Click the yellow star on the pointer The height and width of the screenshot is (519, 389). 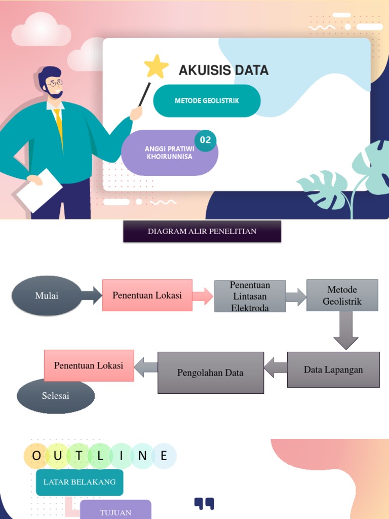tap(157, 66)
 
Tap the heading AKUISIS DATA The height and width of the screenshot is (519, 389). tap(223, 70)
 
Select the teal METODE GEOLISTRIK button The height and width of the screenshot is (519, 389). tap(207, 101)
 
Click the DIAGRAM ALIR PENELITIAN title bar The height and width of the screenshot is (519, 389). tap(202, 232)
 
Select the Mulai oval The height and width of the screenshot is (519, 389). tap(47, 295)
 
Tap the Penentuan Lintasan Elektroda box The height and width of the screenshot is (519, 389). tap(250, 296)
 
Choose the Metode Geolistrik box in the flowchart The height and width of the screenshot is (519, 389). tap(342, 295)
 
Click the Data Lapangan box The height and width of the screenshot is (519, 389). tap(333, 369)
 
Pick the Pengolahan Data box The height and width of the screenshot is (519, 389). tap(210, 373)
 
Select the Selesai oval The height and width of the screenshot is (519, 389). tap(56, 396)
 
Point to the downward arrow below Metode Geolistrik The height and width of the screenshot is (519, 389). tap(346, 330)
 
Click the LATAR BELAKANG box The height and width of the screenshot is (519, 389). tap(80, 482)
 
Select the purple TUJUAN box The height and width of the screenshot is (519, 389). tap(115, 511)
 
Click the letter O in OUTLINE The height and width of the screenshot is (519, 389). tap(36, 456)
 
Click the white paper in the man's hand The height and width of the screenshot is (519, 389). tap(40, 190)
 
